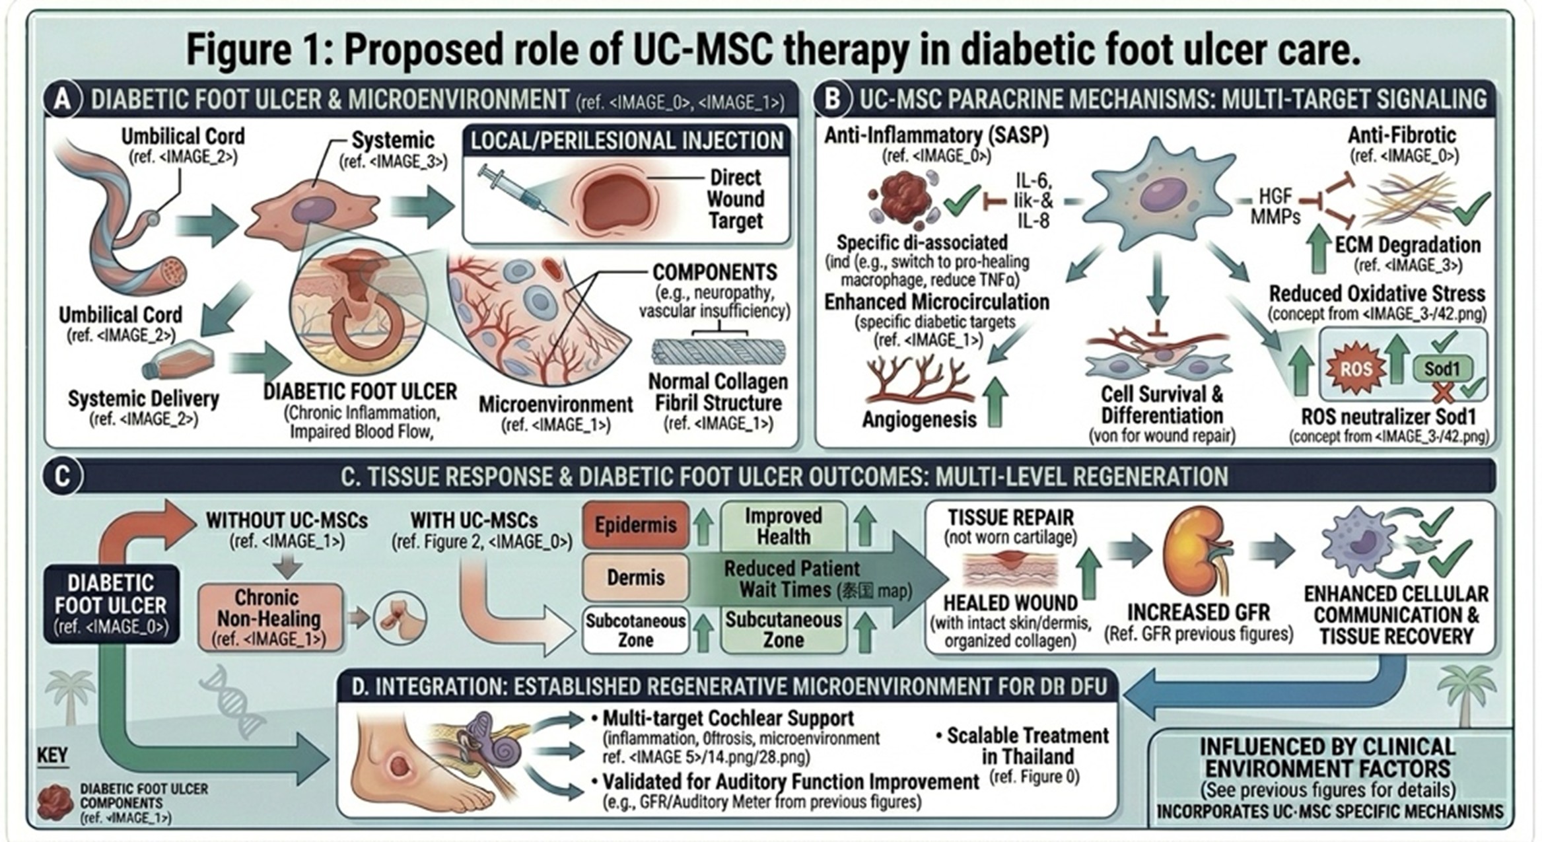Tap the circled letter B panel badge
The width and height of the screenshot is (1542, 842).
832,99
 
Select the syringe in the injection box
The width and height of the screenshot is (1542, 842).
521,194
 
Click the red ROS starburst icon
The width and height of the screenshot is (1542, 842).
1354,368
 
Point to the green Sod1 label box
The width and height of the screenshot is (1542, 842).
1441,368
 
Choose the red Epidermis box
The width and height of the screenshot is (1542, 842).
635,525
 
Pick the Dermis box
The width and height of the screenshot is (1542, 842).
635,577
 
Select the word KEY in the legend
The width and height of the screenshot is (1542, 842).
52,755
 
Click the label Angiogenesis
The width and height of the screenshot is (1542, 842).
919,419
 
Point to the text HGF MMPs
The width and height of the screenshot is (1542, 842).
1275,206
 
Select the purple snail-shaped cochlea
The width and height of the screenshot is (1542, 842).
503,751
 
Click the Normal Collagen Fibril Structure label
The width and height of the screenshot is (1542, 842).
718,392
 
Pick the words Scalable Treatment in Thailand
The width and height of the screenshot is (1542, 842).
1028,746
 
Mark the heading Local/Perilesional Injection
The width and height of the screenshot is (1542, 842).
627,141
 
